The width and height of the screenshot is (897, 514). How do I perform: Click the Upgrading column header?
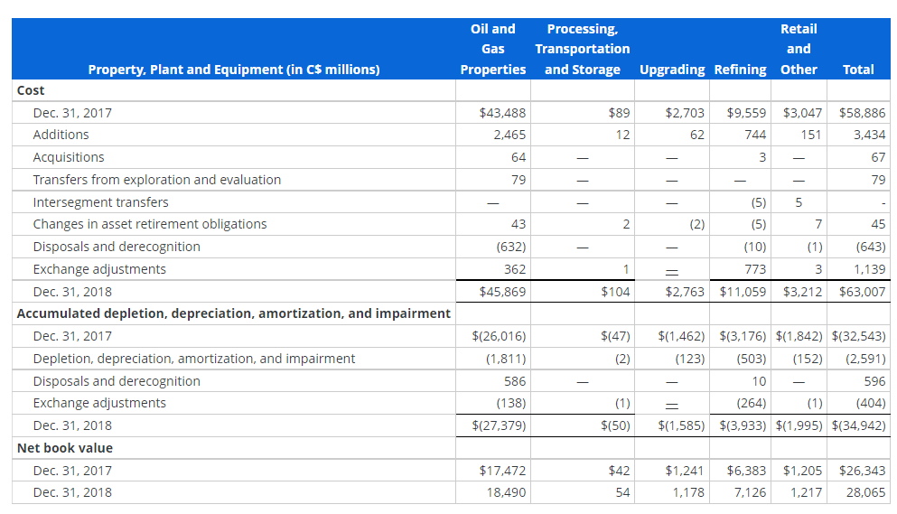(x=672, y=70)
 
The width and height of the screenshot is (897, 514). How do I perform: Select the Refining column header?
(x=740, y=70)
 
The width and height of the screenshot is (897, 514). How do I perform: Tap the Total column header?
(x=857, y=70)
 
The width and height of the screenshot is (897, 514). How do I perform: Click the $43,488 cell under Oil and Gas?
(x=503, y=113)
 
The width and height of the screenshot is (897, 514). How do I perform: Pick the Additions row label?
(x=61, y=135)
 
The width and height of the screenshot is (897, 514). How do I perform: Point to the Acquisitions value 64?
(x=519, y=157)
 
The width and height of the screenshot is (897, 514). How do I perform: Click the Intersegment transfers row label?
(x=100, y=202)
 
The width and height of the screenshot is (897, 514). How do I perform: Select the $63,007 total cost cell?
(x=863, y=292)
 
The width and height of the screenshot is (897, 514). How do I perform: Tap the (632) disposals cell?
(x=511, y=247)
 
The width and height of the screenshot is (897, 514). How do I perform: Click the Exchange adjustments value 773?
(x=754, y=269)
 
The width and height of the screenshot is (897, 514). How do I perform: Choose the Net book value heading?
(x=65, y=448)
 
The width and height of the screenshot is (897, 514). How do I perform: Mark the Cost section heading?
(x=31, y=90)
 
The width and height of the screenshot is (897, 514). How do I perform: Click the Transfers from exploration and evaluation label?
(x=156, y=180)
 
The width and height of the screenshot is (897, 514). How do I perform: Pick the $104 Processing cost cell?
(x=615, y=292)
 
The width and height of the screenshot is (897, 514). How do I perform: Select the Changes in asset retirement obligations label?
(x=150, y=224)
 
